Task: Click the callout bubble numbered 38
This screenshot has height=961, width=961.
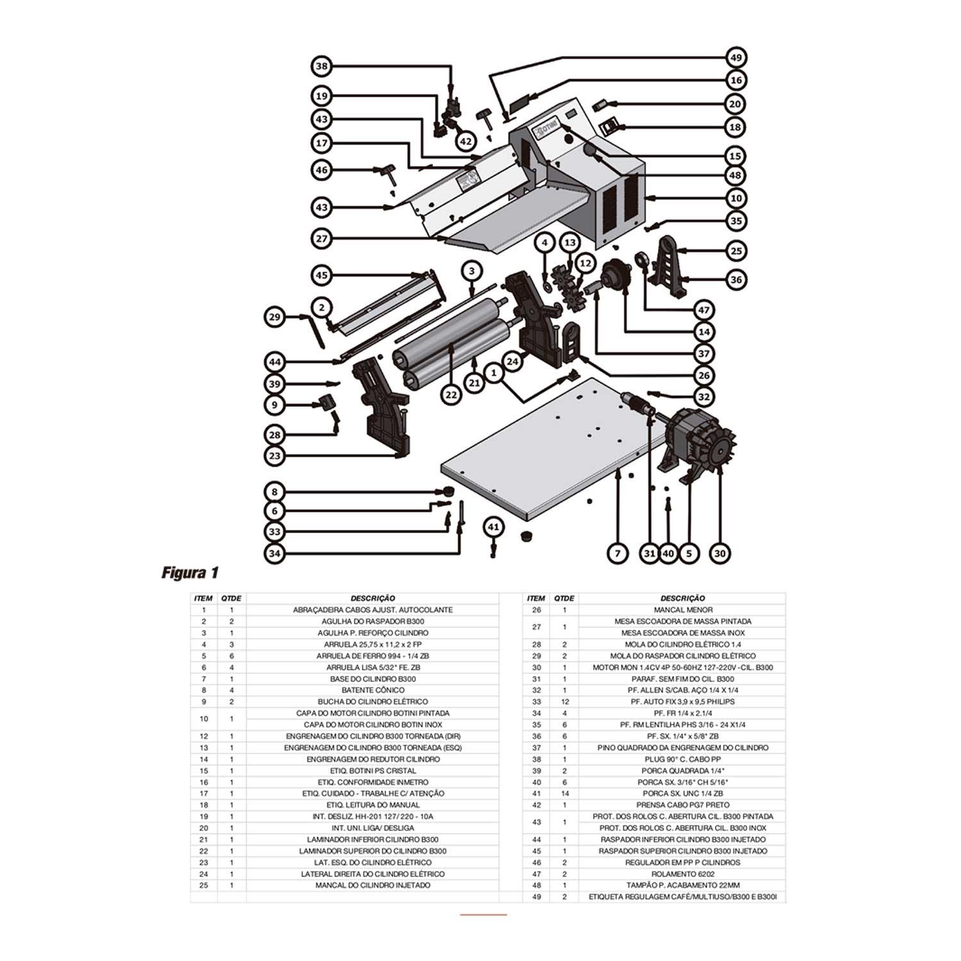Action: coord(322,66)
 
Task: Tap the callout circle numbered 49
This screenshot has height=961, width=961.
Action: coord(736,58)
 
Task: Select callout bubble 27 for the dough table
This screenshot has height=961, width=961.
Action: coord(322,239)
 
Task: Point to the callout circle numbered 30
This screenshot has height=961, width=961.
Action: coord(719,553)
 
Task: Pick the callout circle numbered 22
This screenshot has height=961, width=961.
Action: coord(452,395)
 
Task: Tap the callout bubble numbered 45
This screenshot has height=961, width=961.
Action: coord(322,275)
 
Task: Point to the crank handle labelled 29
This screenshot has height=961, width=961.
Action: coord(316,330)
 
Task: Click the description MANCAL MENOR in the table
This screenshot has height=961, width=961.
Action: coord(682,610)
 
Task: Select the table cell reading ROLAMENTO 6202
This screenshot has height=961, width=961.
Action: coord(682,874)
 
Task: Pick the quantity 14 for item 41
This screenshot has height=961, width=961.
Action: coord(564,793)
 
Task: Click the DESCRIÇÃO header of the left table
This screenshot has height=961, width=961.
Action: coord(373,598)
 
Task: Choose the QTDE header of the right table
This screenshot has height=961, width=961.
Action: coord(564,598)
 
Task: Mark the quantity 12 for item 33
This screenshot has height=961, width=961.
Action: coord(564,702)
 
